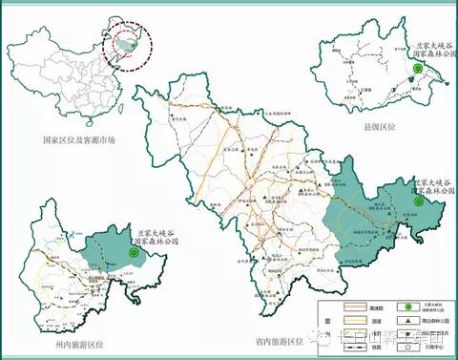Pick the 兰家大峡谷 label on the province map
coord(427,181)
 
